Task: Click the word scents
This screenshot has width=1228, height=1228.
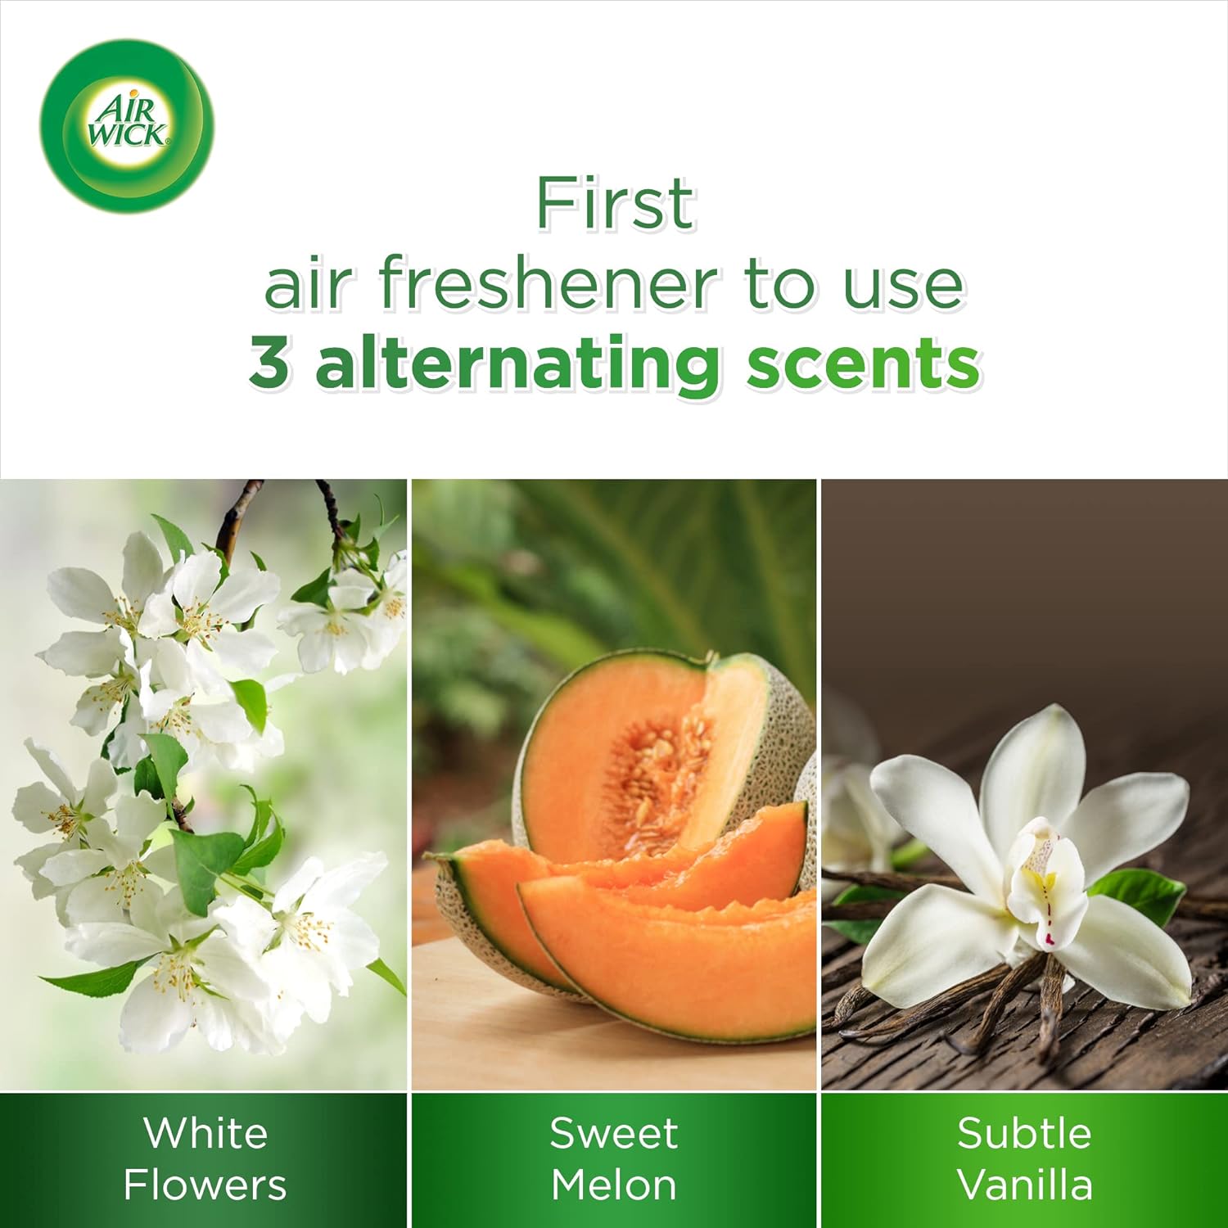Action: click(x=863, y=365)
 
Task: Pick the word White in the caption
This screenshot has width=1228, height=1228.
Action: click(x=205, y=1133)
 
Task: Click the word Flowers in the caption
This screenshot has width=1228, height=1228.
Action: click(x=205, y=1185)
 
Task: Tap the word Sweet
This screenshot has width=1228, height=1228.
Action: click(x=614, y=1134)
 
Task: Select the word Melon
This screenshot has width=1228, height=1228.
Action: click(x=614, y=1185)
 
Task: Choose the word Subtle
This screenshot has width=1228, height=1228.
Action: click(x=1024, y=1133)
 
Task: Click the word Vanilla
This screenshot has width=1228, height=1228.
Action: click(x=1025, y=1185)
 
